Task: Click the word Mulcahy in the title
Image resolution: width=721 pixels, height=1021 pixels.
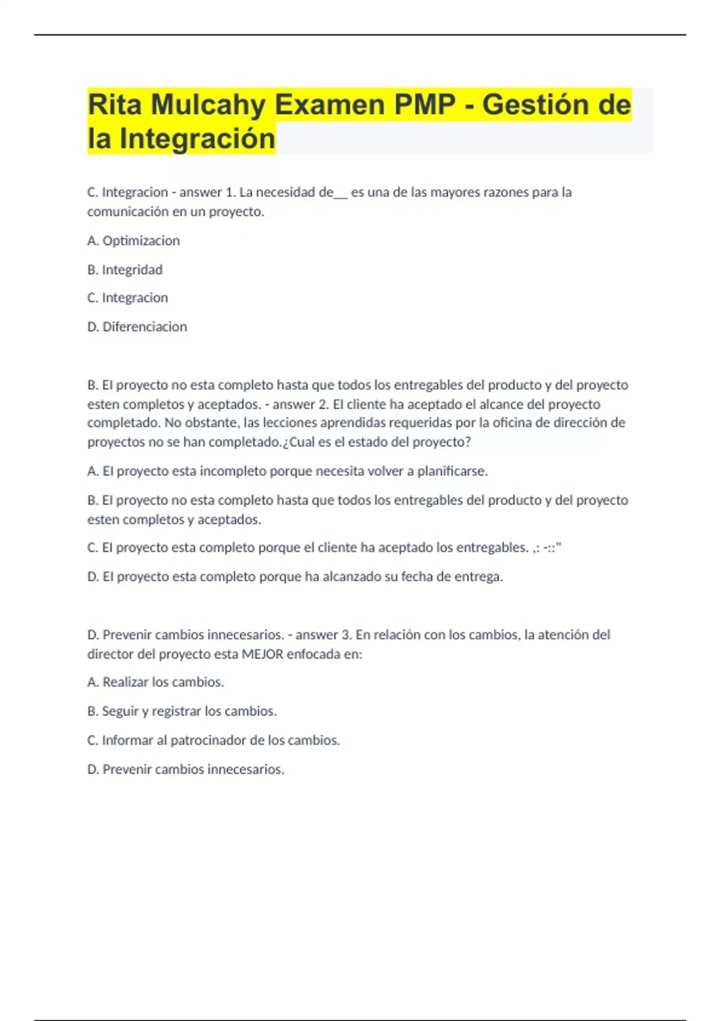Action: [x=208, y=106]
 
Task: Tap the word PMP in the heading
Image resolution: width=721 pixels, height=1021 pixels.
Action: [x=425, y=106]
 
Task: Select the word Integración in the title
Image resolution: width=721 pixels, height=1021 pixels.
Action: [x=197, y=139]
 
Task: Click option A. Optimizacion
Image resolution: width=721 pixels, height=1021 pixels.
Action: [x=133, y=241]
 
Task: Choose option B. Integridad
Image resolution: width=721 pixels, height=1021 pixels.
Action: [x=125, y=270]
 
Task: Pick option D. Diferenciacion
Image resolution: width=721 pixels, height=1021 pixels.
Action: [x=137, y=327]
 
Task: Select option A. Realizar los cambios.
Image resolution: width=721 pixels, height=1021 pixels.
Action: [x=156, y=682]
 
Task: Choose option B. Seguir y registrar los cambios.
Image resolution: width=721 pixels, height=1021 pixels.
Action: [x=182, y=711]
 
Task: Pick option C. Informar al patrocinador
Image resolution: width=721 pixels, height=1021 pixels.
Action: [x=213, y=740]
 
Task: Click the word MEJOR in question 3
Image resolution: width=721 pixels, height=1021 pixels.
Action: [x=262, y=654]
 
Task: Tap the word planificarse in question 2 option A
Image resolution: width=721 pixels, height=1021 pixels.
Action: [x=452, y=471]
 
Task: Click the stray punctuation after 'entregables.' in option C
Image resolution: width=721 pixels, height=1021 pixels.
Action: [x=547, y=548]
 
